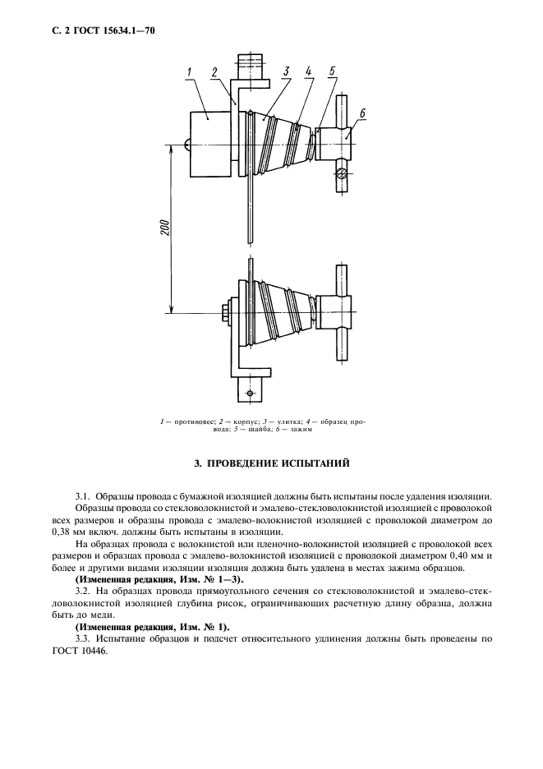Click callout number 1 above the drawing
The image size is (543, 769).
(x=189, y=72)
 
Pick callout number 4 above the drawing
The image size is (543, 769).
(x=308, y=72)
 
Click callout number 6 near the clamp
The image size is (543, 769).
(x=362, y=113)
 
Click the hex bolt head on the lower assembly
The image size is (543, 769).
(x=224, y=312)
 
